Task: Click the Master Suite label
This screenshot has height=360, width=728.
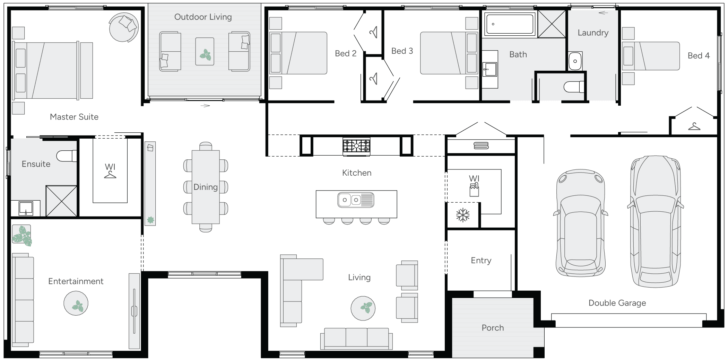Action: (74, 117)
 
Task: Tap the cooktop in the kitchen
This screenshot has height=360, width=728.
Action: (356, 146)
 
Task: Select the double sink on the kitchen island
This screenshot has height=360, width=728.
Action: (356, 200)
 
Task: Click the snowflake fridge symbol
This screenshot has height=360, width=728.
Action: (463, 216)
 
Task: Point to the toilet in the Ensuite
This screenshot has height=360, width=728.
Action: (67, 156)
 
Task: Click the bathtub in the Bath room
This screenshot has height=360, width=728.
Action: (510, 24)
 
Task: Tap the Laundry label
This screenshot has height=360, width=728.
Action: (593, 33)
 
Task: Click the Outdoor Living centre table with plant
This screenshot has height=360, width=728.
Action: (205, 51)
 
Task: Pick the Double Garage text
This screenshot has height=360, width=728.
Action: (617, 303)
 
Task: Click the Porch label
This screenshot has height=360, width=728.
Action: (493, 328)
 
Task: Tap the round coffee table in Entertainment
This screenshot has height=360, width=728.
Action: (76, 304)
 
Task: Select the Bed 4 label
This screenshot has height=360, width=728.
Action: (699, 56)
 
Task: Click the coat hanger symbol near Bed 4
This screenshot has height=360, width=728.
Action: (694, 126)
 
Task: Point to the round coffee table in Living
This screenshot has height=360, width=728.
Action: (363, 308)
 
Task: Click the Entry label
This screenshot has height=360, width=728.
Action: (481, 261)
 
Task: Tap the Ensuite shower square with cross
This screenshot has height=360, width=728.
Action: (61, 201)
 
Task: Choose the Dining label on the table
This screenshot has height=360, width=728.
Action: (206, 187)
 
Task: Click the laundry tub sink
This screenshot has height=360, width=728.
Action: (575, 61)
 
